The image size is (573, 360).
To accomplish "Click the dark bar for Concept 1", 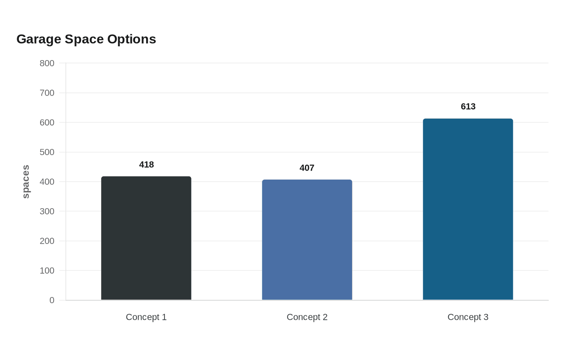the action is (146, 238).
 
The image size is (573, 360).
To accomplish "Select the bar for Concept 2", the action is (307, 240).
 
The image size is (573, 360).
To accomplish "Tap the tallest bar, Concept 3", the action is (468, 209).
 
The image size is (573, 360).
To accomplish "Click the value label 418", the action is (147, 164).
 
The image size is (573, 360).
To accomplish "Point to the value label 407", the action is (307, 168).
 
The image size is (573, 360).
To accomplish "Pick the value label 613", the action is (468, 107).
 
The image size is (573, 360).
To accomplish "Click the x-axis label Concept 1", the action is (146, 317).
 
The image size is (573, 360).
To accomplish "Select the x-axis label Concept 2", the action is (307, 317).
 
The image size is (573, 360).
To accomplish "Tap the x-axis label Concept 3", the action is (468, 317).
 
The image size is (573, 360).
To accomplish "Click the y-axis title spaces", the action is (26, 182).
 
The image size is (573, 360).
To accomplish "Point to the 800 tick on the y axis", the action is (47, 63).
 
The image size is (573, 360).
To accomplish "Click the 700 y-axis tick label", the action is (47, 93).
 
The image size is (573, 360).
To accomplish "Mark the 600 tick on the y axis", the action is (47, 123).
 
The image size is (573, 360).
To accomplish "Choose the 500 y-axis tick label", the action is (47, 152).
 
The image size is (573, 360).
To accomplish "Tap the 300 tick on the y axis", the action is (47, 211).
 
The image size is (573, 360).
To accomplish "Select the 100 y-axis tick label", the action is (47, 271).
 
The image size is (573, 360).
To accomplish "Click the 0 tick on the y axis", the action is (52, 300).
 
